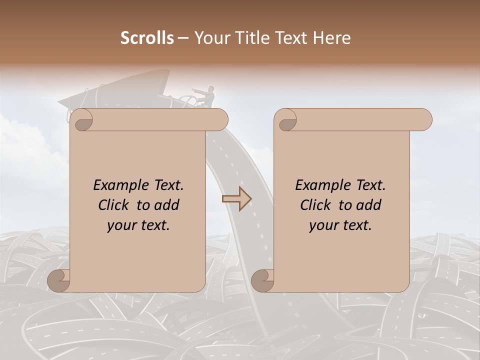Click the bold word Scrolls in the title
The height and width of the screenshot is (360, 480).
pyautogui.click(x=147, y=38)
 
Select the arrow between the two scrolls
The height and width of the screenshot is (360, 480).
pyautogui.click(x=236, y=198)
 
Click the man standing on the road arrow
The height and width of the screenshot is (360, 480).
pyautogui.click(x=210, y=95)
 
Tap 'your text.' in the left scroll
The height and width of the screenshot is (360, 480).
pyautogui.click(x=138, y=225)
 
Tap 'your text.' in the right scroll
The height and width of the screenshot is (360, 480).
pyautogui.click(x=340, y=225)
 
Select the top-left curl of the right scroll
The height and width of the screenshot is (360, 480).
pyautogui.click(x=286, y=120)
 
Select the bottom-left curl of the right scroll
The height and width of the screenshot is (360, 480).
pyautogui.click(x=263, y=280)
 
